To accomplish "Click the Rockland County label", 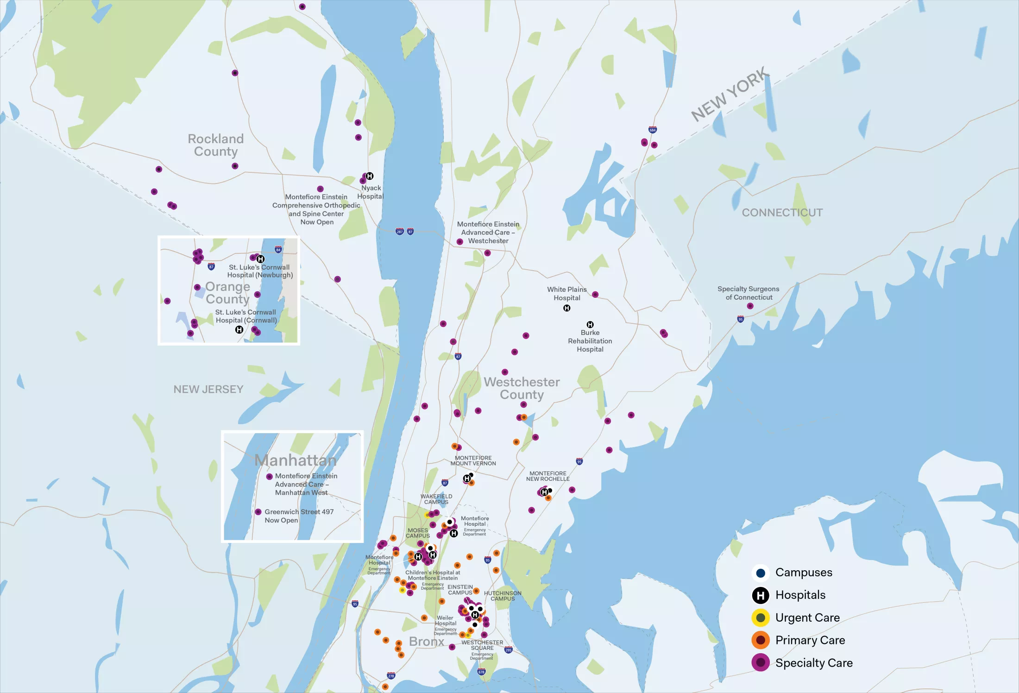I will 216,145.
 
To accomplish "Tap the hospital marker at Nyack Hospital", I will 370,176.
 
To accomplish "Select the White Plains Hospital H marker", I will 566,308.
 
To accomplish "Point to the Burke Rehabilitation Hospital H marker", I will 590,324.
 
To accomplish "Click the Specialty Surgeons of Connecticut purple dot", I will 750,306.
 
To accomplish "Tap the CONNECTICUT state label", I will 782,213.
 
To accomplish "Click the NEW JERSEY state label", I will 208,389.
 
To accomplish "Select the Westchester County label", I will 522,388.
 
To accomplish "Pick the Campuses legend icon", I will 760,573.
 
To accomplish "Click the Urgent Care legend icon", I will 760,617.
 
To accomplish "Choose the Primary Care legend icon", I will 760,640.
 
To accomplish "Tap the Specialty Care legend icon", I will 760,662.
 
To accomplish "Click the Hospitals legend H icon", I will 760,595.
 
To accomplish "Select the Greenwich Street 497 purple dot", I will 258,512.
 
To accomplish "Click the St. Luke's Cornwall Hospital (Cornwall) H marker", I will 239,330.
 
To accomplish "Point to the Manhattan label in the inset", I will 296,460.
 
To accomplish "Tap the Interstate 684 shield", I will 653,130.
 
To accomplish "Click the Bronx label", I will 426,642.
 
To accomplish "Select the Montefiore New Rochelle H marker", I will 545,492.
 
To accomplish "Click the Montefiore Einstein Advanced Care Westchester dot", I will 460,242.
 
